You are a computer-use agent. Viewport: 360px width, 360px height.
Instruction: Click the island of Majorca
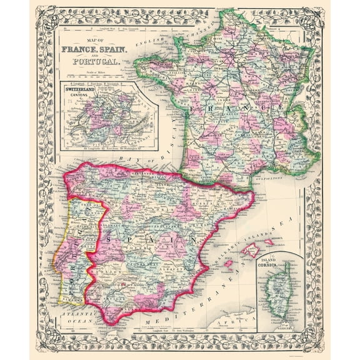pyautogui.click(x=251, y=251)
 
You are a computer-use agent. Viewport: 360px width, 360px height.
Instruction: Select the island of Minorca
pyautogui.click(x=269, y=242)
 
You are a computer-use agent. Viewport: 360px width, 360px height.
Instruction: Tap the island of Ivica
pyautogui.click(x=229, y=264)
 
